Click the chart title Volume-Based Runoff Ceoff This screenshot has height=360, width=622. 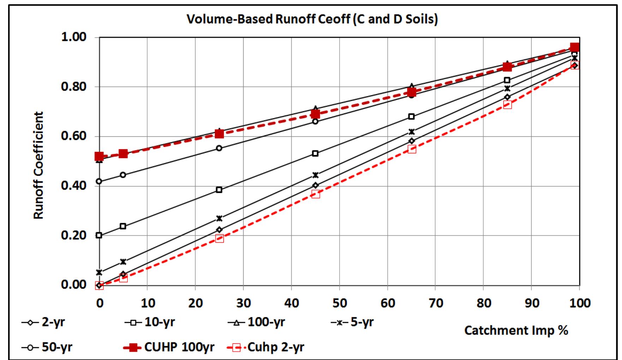coord(312,19)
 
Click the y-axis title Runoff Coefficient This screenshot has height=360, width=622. coord(38,165)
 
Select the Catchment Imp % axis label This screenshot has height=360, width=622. coord(516,330)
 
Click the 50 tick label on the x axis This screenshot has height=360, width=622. coord(339,303)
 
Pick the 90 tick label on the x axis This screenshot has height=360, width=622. coord(531,303)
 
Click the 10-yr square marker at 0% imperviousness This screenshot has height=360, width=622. coord(99,235)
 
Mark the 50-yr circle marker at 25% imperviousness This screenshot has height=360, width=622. coord(219,148)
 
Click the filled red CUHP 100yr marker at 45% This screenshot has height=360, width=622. coord(315,114)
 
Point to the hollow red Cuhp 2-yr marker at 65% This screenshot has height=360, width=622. coord(412,149)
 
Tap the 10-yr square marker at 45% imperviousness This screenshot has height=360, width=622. coord(315,153)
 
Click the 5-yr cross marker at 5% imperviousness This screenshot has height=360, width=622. coord(123,262)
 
